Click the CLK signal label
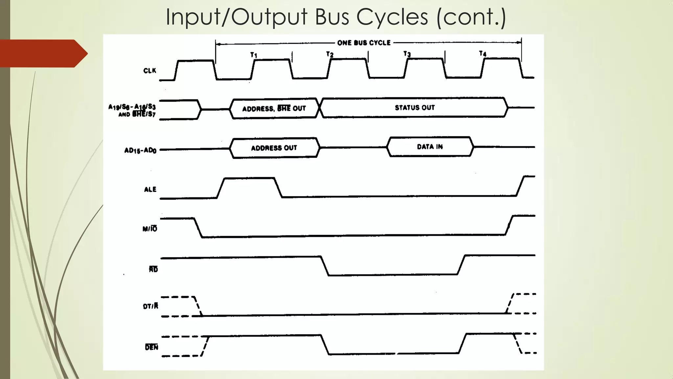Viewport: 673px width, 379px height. (x=150, y=71)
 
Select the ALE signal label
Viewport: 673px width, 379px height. (x=150, y=189)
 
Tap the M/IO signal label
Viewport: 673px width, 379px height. (x=150, y=229)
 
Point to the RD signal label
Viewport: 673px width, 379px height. (x=153, y=269)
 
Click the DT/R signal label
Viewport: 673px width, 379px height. (x=151, y=306)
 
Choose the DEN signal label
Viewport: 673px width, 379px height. (x=151, y=347)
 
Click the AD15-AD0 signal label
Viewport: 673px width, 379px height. (x=140, y=150)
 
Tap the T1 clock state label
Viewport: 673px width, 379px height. (x=254, y=55)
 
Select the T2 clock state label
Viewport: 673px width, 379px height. (x=330, y=54)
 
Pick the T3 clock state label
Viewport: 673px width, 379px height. (x=407, y=54)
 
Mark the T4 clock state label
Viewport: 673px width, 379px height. (x=482, y=53)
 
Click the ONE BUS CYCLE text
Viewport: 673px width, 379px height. (x=364, y=43)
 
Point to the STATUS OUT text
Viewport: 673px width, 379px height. (x=415, y=108)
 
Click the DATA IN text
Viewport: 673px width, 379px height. (x=430, y=147)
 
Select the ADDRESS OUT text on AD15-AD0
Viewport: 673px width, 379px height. (x=274, y=148)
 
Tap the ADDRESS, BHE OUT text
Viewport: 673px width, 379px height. (x=274, y=109)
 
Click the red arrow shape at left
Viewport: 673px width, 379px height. (x=43, y=53)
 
